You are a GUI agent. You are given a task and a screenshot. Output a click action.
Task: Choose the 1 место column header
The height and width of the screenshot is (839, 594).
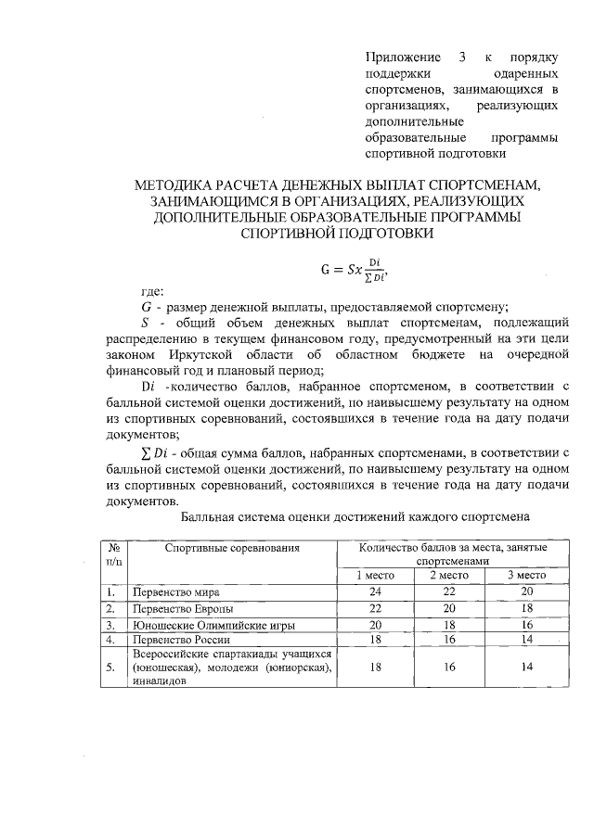pos(377,576)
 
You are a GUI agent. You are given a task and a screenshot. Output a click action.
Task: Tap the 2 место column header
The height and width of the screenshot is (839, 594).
pos(449,576)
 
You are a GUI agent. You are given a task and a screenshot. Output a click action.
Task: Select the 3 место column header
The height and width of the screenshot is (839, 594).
pos(526,576)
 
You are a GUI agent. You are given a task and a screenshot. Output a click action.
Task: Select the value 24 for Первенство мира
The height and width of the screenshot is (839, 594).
pos(376,591)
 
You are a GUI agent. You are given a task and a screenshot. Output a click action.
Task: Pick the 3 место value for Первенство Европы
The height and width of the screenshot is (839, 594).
pos(526,608)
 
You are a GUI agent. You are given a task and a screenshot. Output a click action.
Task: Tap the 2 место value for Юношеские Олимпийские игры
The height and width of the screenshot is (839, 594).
pos(449,624)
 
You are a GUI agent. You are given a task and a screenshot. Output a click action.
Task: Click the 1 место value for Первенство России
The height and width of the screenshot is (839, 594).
pos(376,640)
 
